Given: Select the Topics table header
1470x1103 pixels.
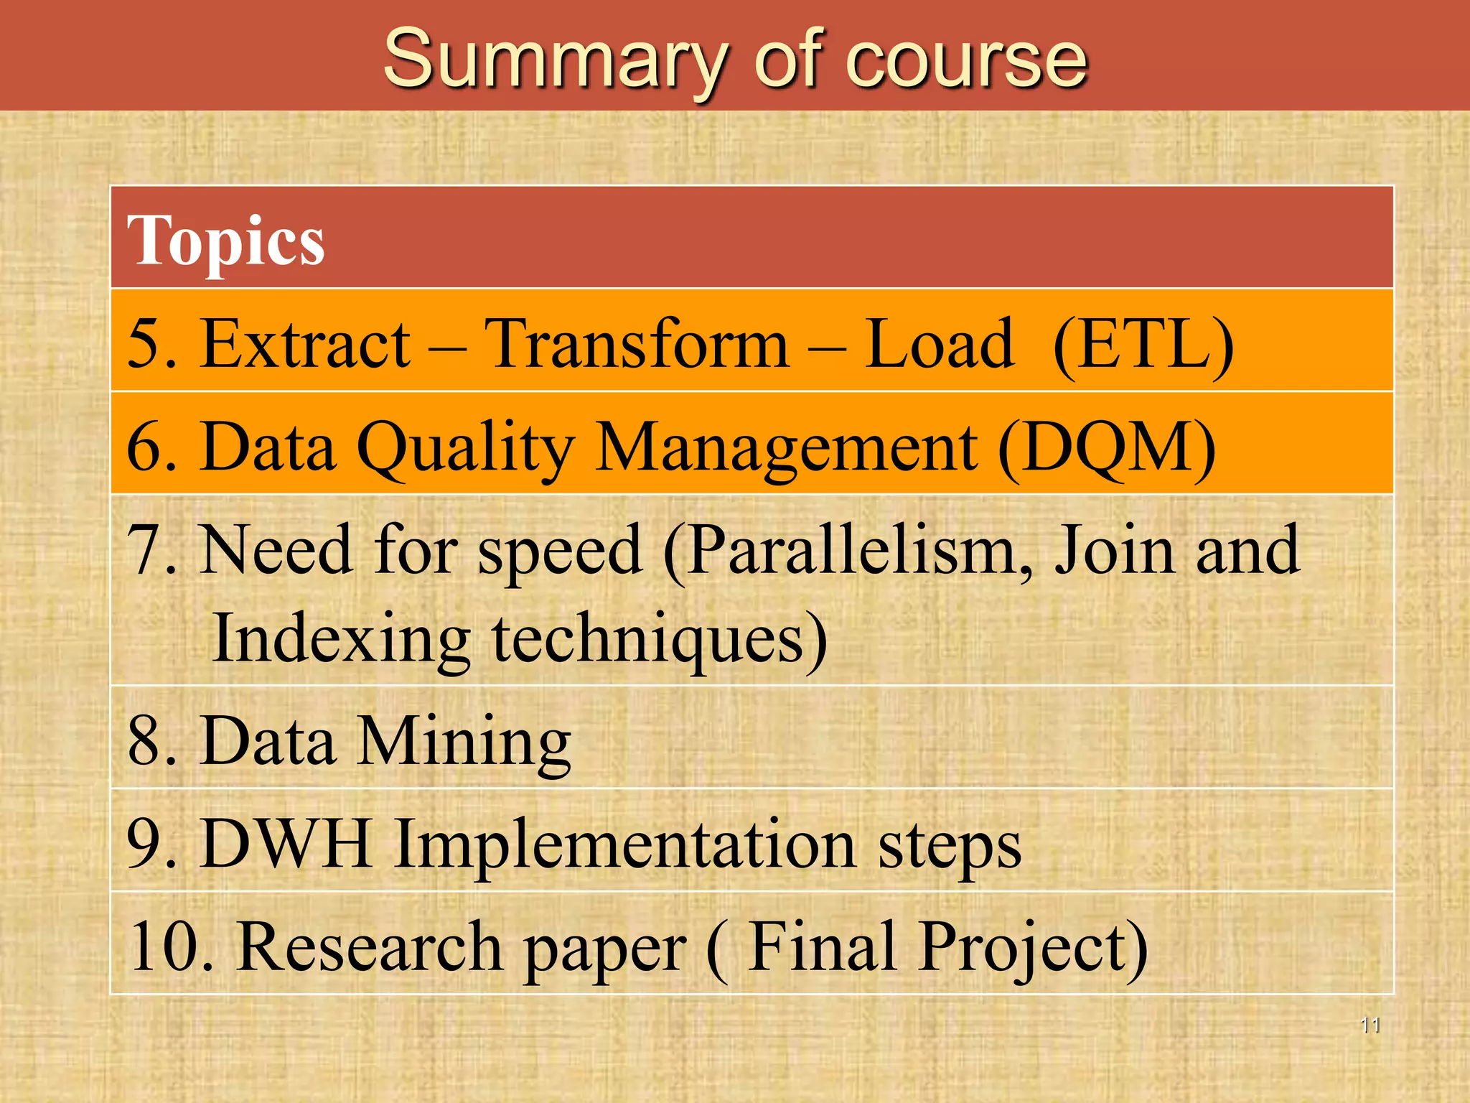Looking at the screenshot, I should click(x=226, y=241).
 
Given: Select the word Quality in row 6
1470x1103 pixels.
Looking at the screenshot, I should click(x=465, y=447).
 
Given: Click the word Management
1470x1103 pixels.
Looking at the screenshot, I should click(x=787, y=447).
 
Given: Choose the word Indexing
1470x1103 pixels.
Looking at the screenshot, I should click(x=342, y=638).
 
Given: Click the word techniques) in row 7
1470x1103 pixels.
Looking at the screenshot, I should click(x=660, y=638).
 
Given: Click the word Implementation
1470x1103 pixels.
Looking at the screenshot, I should click(x=624, y=844).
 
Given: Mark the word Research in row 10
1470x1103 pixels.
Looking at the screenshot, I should click(x=370, y=947).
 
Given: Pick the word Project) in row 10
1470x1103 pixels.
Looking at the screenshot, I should click(x=1034, y=947).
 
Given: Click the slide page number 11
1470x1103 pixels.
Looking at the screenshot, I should click(x=1370, y=1025).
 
